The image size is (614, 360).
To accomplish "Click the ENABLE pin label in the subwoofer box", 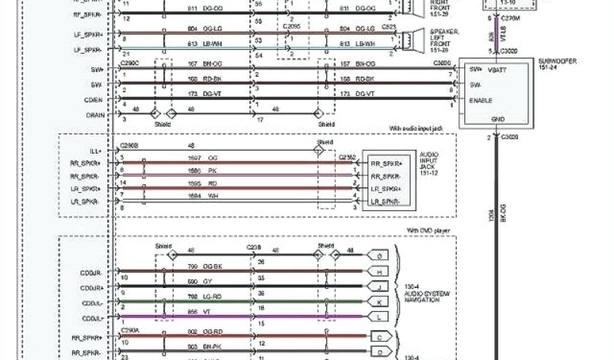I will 481,100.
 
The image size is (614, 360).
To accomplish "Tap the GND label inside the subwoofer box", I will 498,119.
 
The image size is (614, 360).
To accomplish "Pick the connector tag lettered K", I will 380,301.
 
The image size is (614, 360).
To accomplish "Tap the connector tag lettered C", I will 380,338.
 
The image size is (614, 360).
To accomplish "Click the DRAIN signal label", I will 95,115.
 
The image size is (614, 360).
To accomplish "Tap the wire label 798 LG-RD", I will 201,296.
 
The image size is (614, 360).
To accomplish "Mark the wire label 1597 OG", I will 201,158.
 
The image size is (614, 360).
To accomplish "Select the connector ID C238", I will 253,247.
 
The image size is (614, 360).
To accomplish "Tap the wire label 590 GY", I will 197,281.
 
